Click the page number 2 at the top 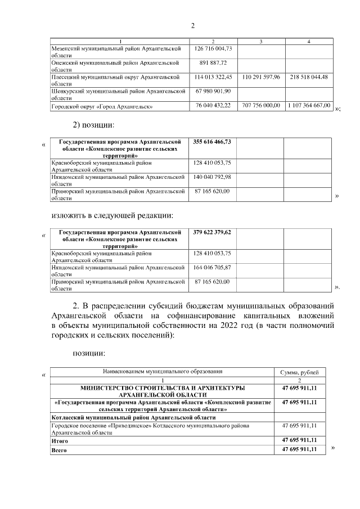point(192,25)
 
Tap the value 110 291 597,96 point(260,76)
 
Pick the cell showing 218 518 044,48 point(309,76)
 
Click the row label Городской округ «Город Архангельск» point(102,106)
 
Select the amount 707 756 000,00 point(260,105)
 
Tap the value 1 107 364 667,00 point(309,105)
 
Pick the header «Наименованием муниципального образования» point(163,372)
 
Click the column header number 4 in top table point(309,41)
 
